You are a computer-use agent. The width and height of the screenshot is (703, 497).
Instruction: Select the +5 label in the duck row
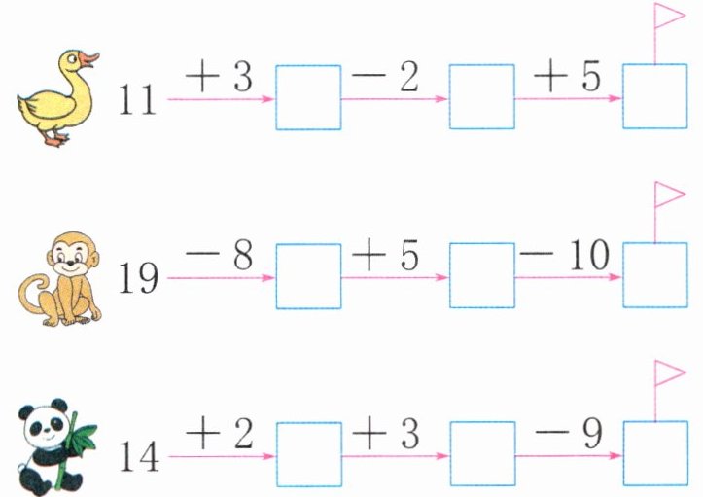coord(566,78)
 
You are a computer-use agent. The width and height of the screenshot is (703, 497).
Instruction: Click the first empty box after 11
coord(308,97)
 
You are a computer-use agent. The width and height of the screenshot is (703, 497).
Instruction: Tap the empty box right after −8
coord(308,276)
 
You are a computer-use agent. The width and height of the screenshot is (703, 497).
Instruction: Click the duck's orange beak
coord(89,58)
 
